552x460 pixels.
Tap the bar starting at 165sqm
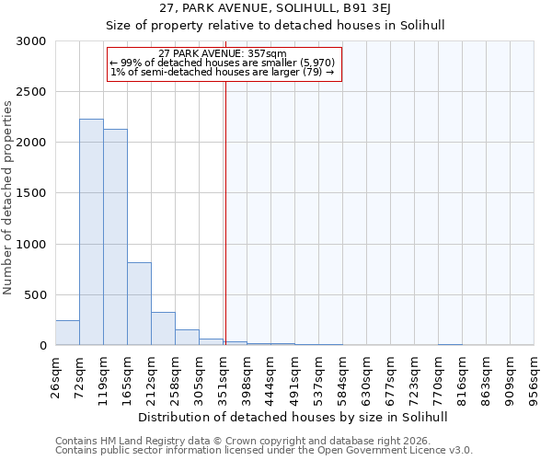coord(139,304)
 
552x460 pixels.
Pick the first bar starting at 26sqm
coord(67,333)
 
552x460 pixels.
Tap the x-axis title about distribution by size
coord(293,417)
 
